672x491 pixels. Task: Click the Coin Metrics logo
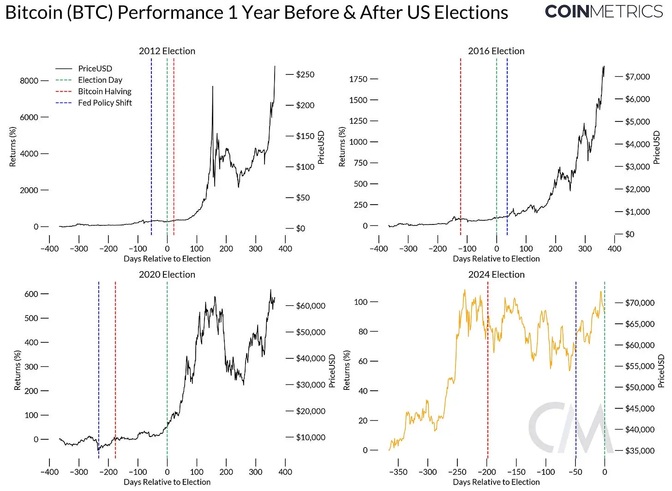(x=604, y=12)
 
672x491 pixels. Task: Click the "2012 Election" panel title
(x=167, y=51)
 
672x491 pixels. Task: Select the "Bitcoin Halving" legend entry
(x=104, y=91)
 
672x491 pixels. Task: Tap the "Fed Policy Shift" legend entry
(x=105, y=103)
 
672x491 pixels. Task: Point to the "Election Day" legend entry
(x=100, y=80)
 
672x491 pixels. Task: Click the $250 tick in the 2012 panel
(x=305, y=74)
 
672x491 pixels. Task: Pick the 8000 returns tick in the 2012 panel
(x=29, y=80)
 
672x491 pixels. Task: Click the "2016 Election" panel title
(x=496, y=51)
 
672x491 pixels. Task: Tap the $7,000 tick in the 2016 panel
(x=637, y=77)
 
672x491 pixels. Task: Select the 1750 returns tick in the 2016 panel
(x=358, y=79)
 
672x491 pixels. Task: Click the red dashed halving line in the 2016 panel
(x=461, y=139)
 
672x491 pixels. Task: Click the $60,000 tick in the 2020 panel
(x=311, y=306)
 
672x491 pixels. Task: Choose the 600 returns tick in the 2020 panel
(x=31, y=294)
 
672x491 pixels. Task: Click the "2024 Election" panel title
(x=496, y=274)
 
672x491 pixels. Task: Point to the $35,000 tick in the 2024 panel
(x=640, y=450)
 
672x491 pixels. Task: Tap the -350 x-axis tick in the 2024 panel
(x=398, y=472)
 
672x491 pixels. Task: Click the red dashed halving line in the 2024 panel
(x=488, y=370)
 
